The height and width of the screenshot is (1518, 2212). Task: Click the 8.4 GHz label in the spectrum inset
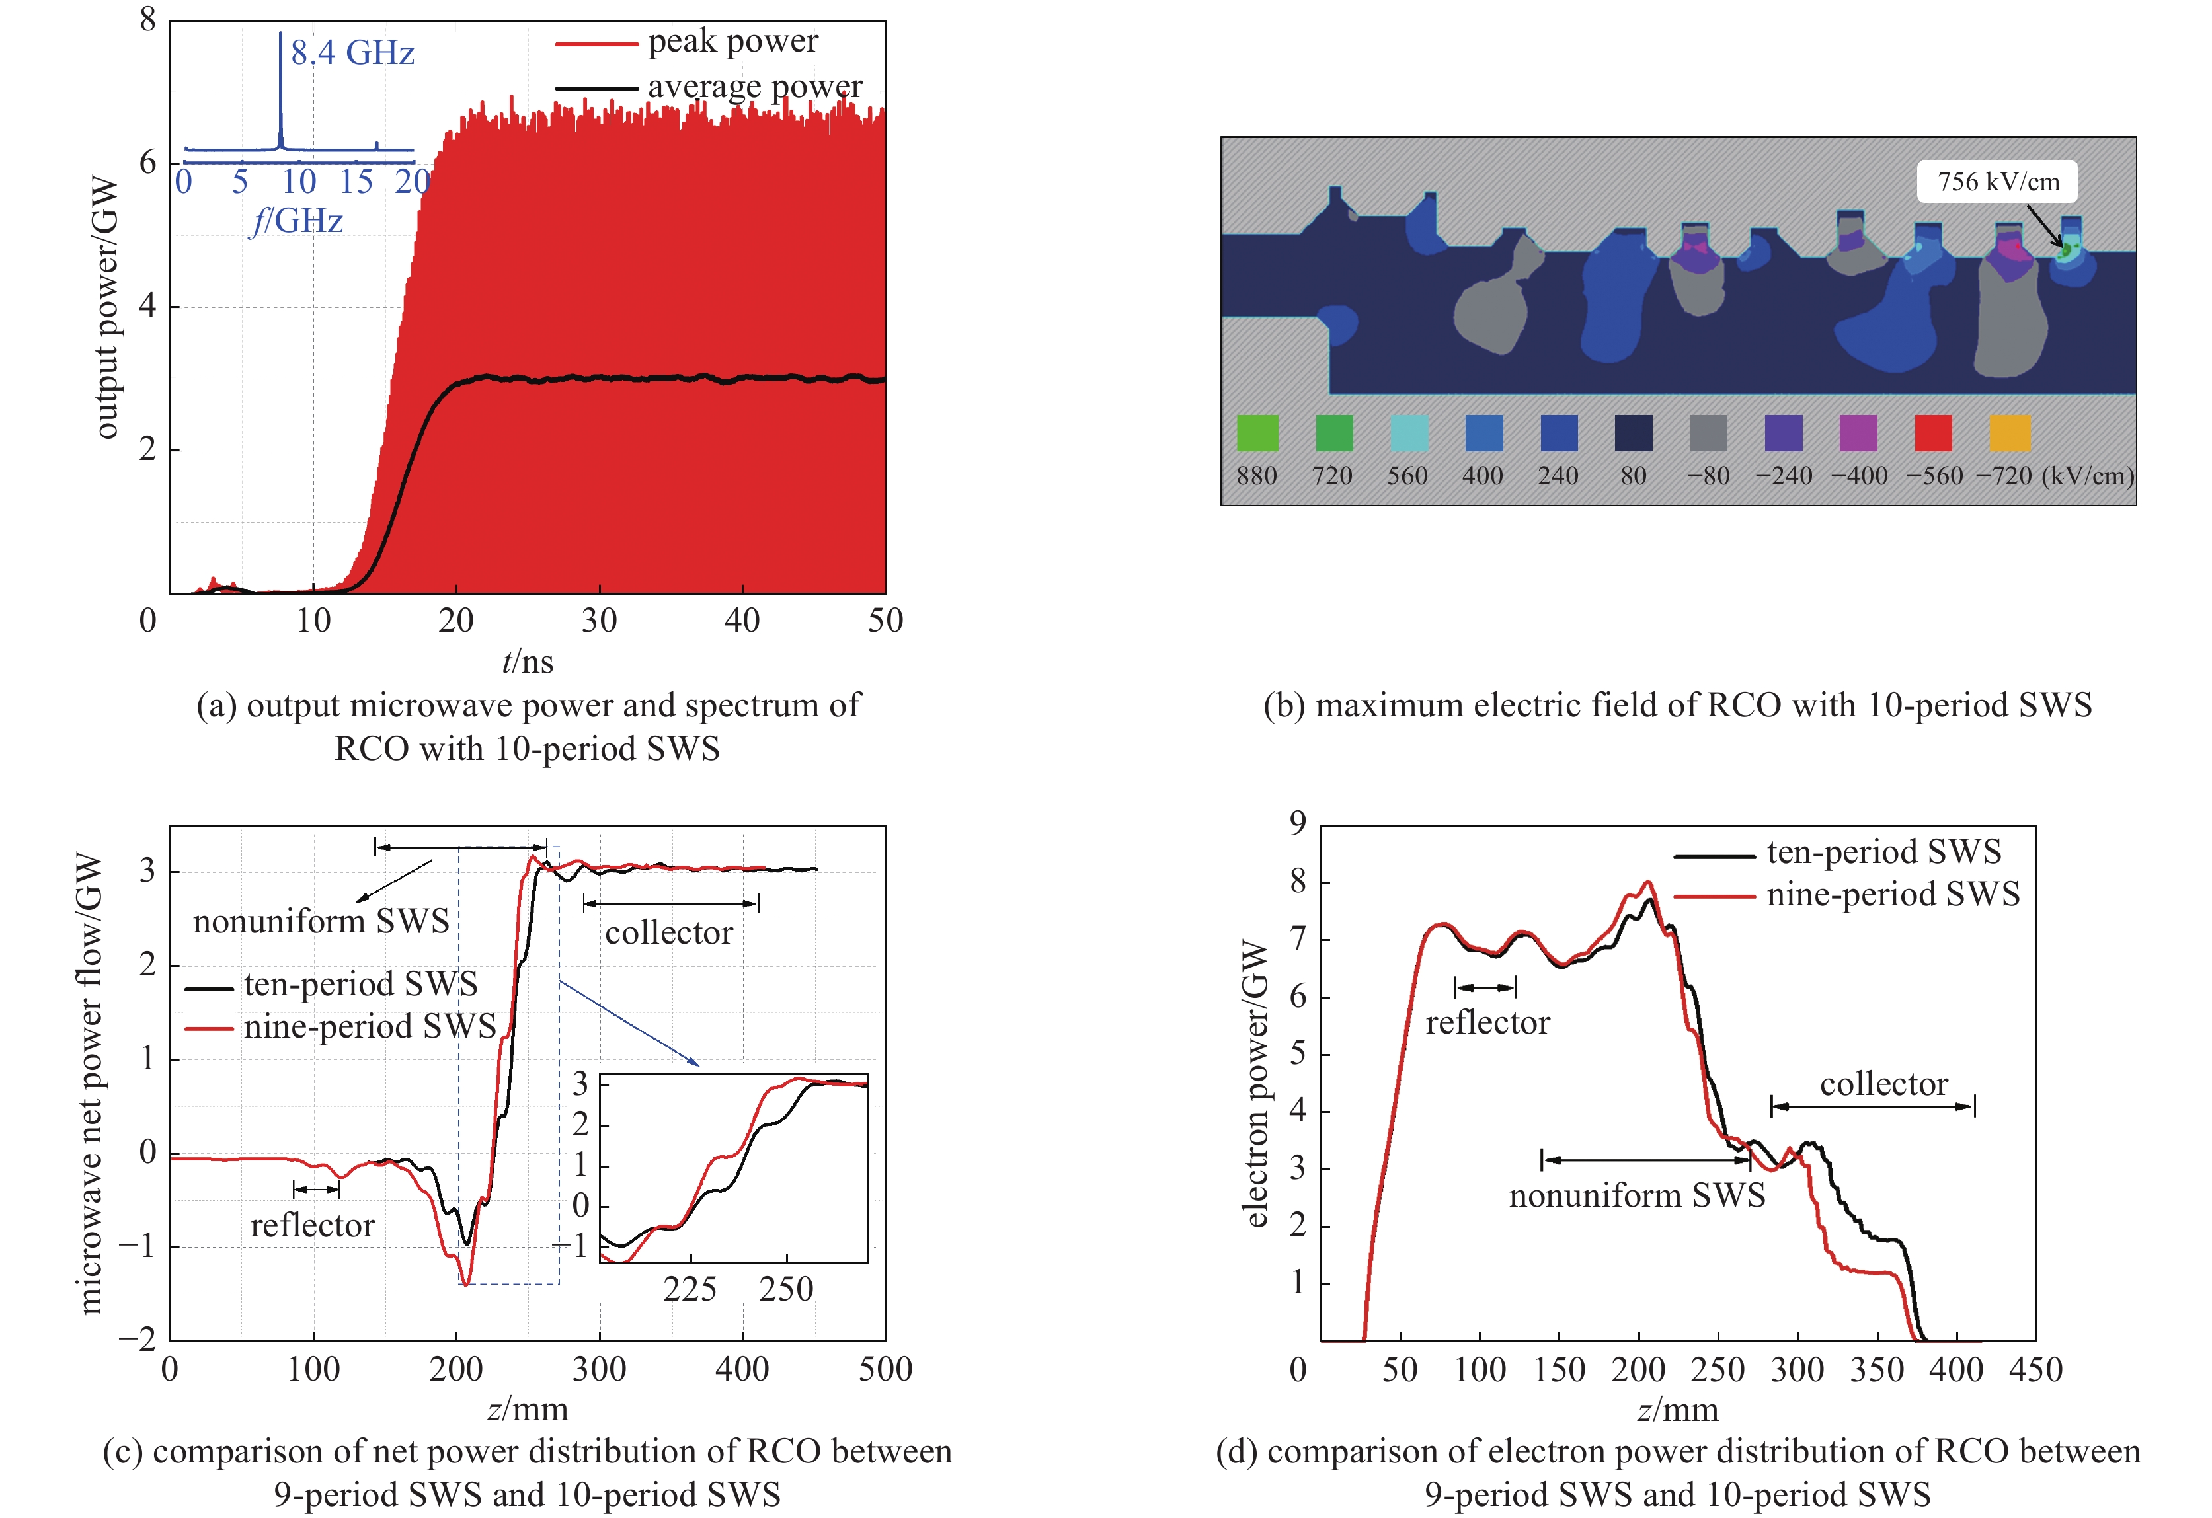[352, 52]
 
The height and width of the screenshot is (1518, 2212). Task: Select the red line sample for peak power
[596, 44]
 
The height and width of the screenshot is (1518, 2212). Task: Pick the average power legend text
[755, 87]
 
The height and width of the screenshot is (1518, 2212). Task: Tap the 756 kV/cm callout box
[1998, 182]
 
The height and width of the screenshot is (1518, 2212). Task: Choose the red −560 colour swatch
[1933, 433]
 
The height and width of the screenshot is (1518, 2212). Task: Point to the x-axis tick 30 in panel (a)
[600, 621]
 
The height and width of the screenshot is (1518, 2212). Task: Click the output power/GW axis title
[106, 307]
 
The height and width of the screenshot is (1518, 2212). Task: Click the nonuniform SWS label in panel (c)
[321, 921]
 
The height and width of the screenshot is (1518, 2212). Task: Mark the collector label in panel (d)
[1883, 1084]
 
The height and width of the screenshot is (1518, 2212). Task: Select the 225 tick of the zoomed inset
[690, 1289]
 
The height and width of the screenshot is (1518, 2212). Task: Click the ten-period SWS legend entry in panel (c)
[360, 984]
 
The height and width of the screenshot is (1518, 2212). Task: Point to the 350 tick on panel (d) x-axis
[1877, 1369]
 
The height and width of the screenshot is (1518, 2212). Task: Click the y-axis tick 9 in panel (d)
[1297, 824]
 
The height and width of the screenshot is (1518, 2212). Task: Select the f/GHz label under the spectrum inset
[296, 221]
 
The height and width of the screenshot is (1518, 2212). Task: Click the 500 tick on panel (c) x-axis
[885, 1369]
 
